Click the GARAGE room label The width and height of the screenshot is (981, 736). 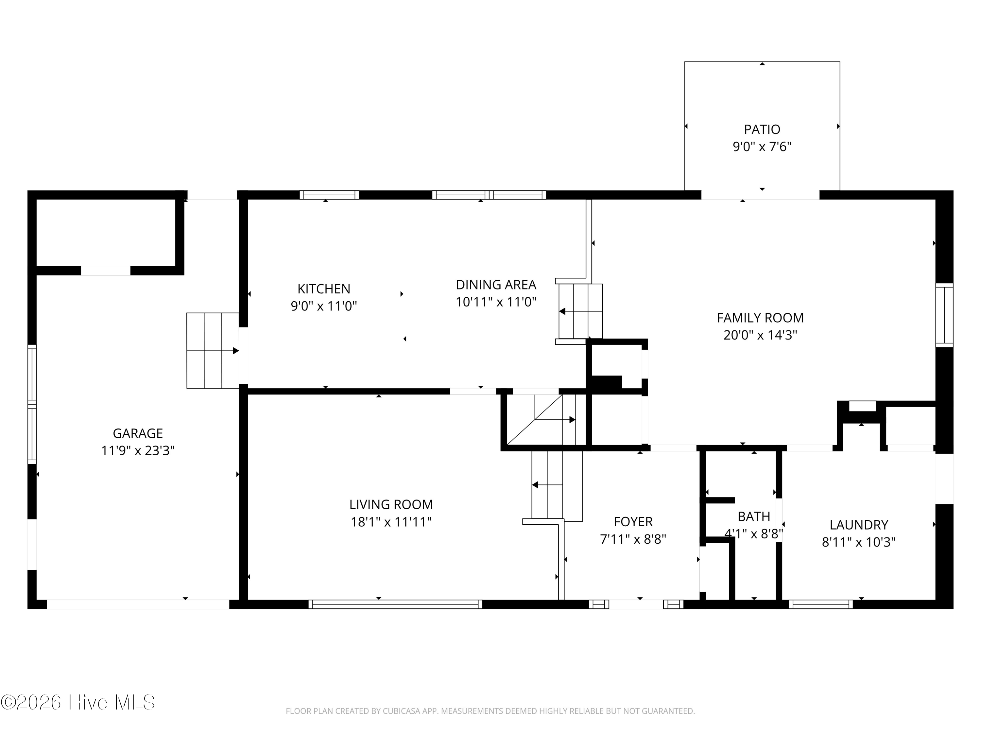(x=138, y=433)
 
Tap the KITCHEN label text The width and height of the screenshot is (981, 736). (x=324, y=289)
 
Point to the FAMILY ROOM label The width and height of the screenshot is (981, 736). (x=760, y=318)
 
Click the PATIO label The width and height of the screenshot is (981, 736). (x=762, y=130)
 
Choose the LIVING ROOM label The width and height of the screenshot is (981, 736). (x=391, y=504)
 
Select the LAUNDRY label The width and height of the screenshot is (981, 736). (x=859, y=525)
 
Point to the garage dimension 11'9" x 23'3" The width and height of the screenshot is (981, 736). (x=138, y=451)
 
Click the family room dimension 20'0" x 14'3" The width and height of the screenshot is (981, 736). (x=760, y=335)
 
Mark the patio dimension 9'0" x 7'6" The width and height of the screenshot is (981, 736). (x=762, y=147)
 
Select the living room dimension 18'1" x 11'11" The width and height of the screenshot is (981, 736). (x=391, y=522)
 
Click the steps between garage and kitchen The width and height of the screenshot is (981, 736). (x=213, y=350)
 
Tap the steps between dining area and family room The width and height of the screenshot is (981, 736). (x=580, y=311)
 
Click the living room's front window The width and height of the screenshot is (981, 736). (x=395, y=604)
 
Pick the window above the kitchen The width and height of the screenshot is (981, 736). (x=329, y=195)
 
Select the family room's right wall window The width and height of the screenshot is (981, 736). (x=944, y=315)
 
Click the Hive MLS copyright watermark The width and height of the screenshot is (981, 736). (x=78, y=702)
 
